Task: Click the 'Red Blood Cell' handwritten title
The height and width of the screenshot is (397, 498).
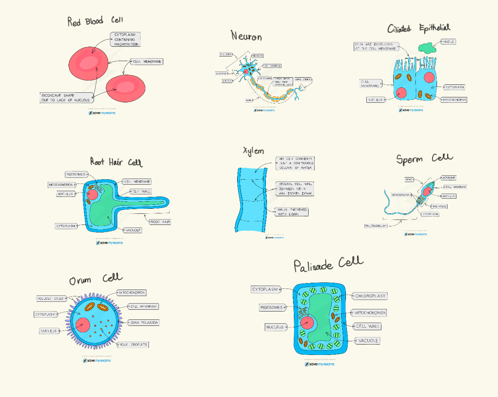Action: click(x=95, y=21)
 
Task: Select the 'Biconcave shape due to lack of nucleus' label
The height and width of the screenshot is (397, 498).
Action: click(x=66, y=98)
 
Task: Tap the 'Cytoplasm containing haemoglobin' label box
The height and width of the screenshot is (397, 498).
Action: click(x=125, y=40)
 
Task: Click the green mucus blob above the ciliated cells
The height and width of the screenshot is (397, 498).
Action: click(x=427, y=48)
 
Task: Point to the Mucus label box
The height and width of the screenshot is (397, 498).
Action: click(x=448, y=42)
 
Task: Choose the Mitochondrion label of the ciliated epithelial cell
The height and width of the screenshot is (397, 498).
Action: click(x=454, y=100)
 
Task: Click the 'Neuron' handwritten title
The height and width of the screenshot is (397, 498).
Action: click(x=246, y=36)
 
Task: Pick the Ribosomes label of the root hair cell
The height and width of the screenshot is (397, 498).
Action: click(x=76, y=174)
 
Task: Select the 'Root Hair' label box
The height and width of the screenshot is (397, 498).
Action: click(x=160, y=222)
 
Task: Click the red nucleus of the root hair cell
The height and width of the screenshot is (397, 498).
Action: click(x=92, y=194)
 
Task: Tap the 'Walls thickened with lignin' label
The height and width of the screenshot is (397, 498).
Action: click(x=292, y=212)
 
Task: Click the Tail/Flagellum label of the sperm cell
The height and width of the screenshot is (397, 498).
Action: click(x=376, y=226)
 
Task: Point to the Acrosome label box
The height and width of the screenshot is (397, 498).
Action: click(x=448, y=177)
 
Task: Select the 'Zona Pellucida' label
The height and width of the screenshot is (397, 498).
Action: click(x=144, y=323)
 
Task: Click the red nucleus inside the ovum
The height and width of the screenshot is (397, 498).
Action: click(x=83, y=325)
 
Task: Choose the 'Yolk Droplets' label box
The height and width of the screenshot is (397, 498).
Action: click(x=133, y=345)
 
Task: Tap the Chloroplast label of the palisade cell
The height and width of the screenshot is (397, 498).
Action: click(x=370, y=296)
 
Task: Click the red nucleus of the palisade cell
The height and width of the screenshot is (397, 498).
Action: click(x=307, y=323)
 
